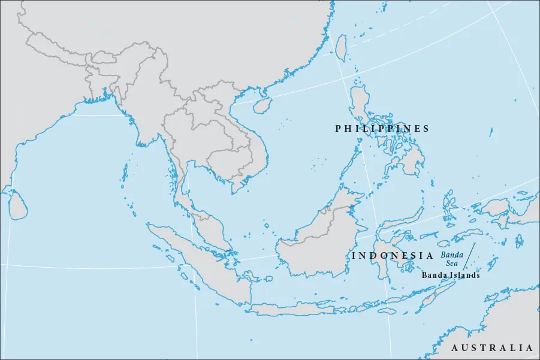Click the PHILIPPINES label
pyautogui.click(x=382, y=129)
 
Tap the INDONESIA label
pyautogui.click(x=392, y=256)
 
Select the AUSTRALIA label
pyautogui.click(x=492, y=348)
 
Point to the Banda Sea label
pyautogui.click(x=452, y=259)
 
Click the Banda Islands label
pyautogui.click(x=451, y=276)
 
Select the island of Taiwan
pyautogui.click(x=340, y=47)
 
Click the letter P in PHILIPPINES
pyautogui.click(x=338, y=129)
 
